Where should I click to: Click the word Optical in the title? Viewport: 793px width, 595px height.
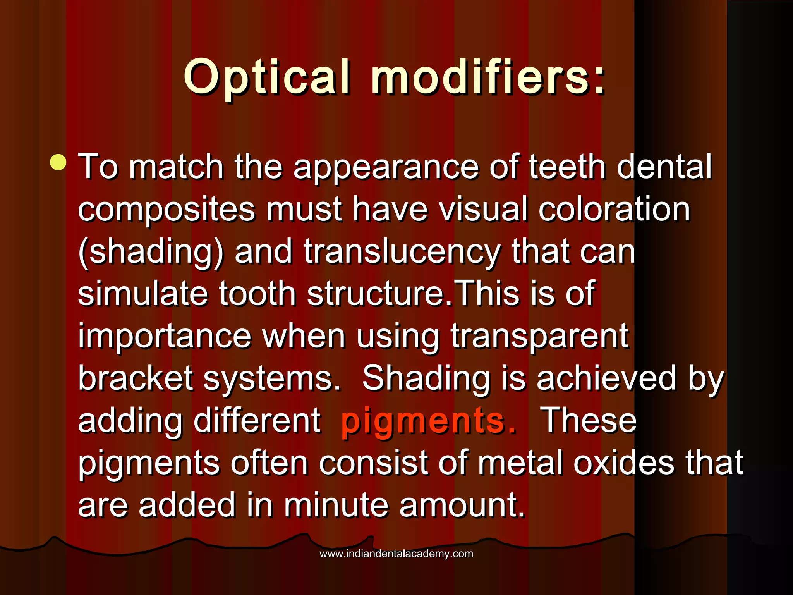pos(267,77)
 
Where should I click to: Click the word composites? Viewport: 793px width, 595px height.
pos(166,210)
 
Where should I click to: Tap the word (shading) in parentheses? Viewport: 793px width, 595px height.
pos(151,253)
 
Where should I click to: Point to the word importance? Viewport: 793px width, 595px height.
pos(165,336)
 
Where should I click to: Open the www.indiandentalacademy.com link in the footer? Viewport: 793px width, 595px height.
pos(396,554)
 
